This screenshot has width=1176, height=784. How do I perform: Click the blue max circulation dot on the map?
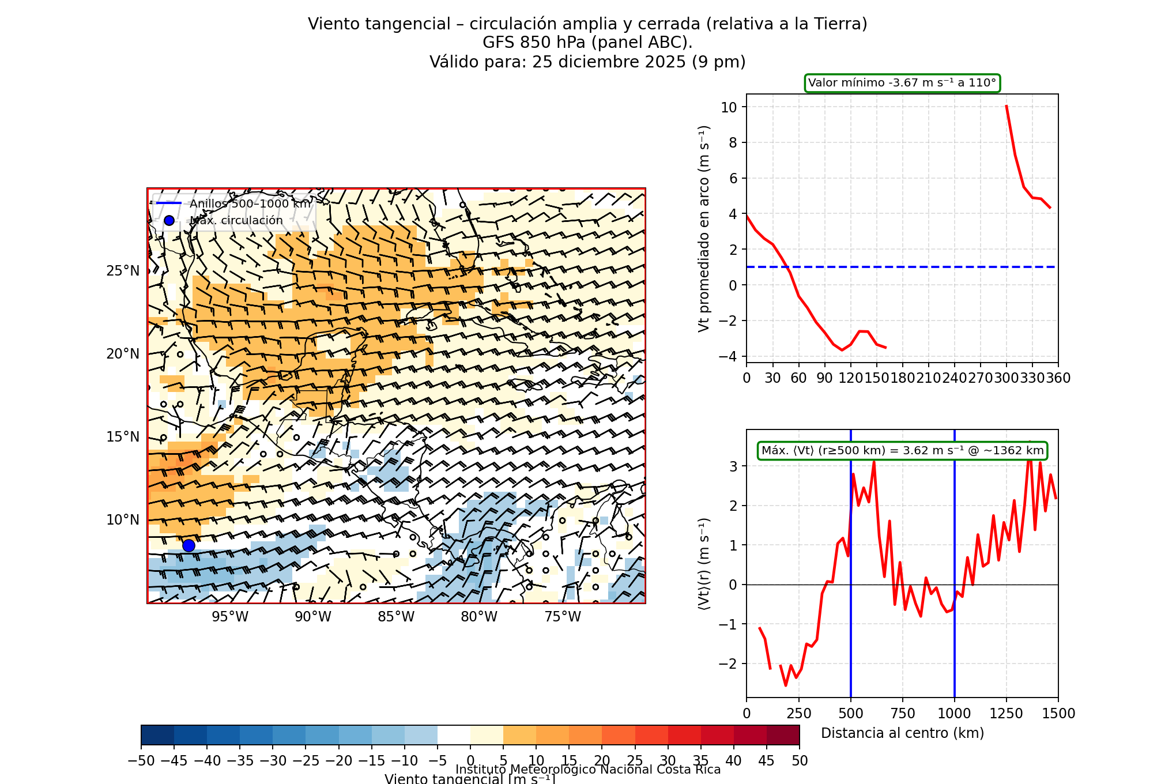click(x=189, y=545)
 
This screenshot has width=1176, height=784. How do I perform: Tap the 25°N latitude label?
click(x=123, y=271)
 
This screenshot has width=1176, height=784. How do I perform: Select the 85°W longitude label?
click(x=396, y=617)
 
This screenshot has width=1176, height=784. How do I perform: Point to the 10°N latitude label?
click(x=123, y=520)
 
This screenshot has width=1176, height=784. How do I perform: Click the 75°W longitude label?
click(x=563, y=617)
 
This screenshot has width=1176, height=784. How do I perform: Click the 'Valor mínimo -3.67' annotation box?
click(x=902, y=83)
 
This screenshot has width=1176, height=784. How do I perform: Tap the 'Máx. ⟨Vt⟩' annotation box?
click(x=902, y=451)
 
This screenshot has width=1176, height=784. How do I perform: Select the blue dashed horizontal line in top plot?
click(x=922, y=267)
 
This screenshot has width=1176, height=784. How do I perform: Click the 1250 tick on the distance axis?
click(x=1007, y=714)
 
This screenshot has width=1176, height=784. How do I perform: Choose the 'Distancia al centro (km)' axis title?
click(x=902, y=733)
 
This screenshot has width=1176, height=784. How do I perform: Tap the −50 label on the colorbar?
click(x=141, y=761)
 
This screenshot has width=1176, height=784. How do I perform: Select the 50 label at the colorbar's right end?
click(x=800, y=761)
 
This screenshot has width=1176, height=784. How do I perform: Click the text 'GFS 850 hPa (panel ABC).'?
click(x=587, y=43)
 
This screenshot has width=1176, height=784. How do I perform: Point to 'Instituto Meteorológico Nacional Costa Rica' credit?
click(x=588, y=770)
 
